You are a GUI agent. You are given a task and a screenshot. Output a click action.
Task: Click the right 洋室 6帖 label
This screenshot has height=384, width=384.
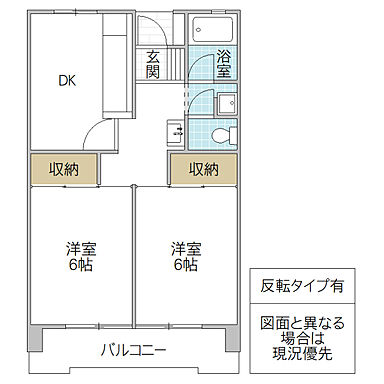coord(183,257)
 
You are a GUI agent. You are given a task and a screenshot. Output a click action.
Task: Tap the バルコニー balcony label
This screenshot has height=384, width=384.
coord(132,349)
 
